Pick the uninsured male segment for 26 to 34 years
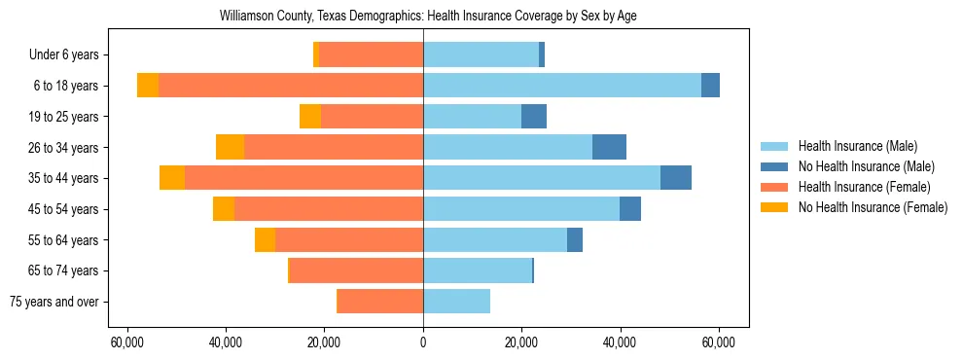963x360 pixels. tap(609, 147)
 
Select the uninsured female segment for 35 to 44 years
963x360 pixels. tap(172, 178)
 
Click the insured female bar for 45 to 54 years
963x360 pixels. tap(328, 209)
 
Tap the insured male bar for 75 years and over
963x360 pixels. tap(456, 302)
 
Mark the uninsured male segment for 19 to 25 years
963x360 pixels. tap(534, 117)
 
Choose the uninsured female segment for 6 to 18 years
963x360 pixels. tap(148, 86)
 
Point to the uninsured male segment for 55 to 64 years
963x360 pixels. tap(575, 239)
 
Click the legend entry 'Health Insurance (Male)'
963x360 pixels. tap(857, 146)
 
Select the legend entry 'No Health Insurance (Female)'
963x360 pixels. tap(873, 207)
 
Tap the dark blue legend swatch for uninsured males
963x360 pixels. tap(774, 166)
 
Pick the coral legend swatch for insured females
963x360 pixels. tap(774, 187)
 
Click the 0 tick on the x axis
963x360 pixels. tap(423, 342)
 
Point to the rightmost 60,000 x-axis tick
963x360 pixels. tap(718, 342)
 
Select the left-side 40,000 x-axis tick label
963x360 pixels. tap(226, 342)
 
